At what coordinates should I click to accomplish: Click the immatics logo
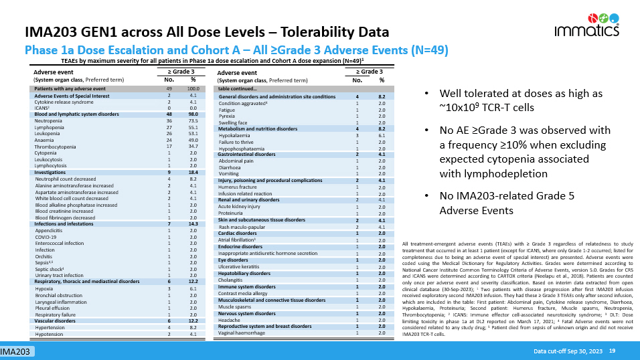tap(584, 26)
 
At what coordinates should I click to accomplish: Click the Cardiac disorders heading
tap(239, 233)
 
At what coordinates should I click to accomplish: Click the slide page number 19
tap(612, 351)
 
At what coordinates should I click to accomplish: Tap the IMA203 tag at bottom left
tap(15, 351)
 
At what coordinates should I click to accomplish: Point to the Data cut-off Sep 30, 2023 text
tap(568, 351)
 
